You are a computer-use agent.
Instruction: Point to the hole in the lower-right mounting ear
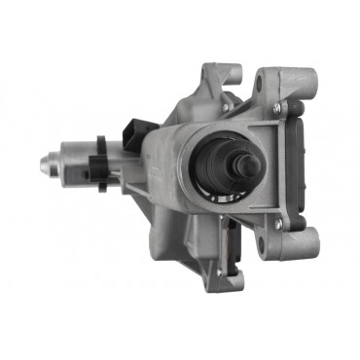(x=291, y=252)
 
